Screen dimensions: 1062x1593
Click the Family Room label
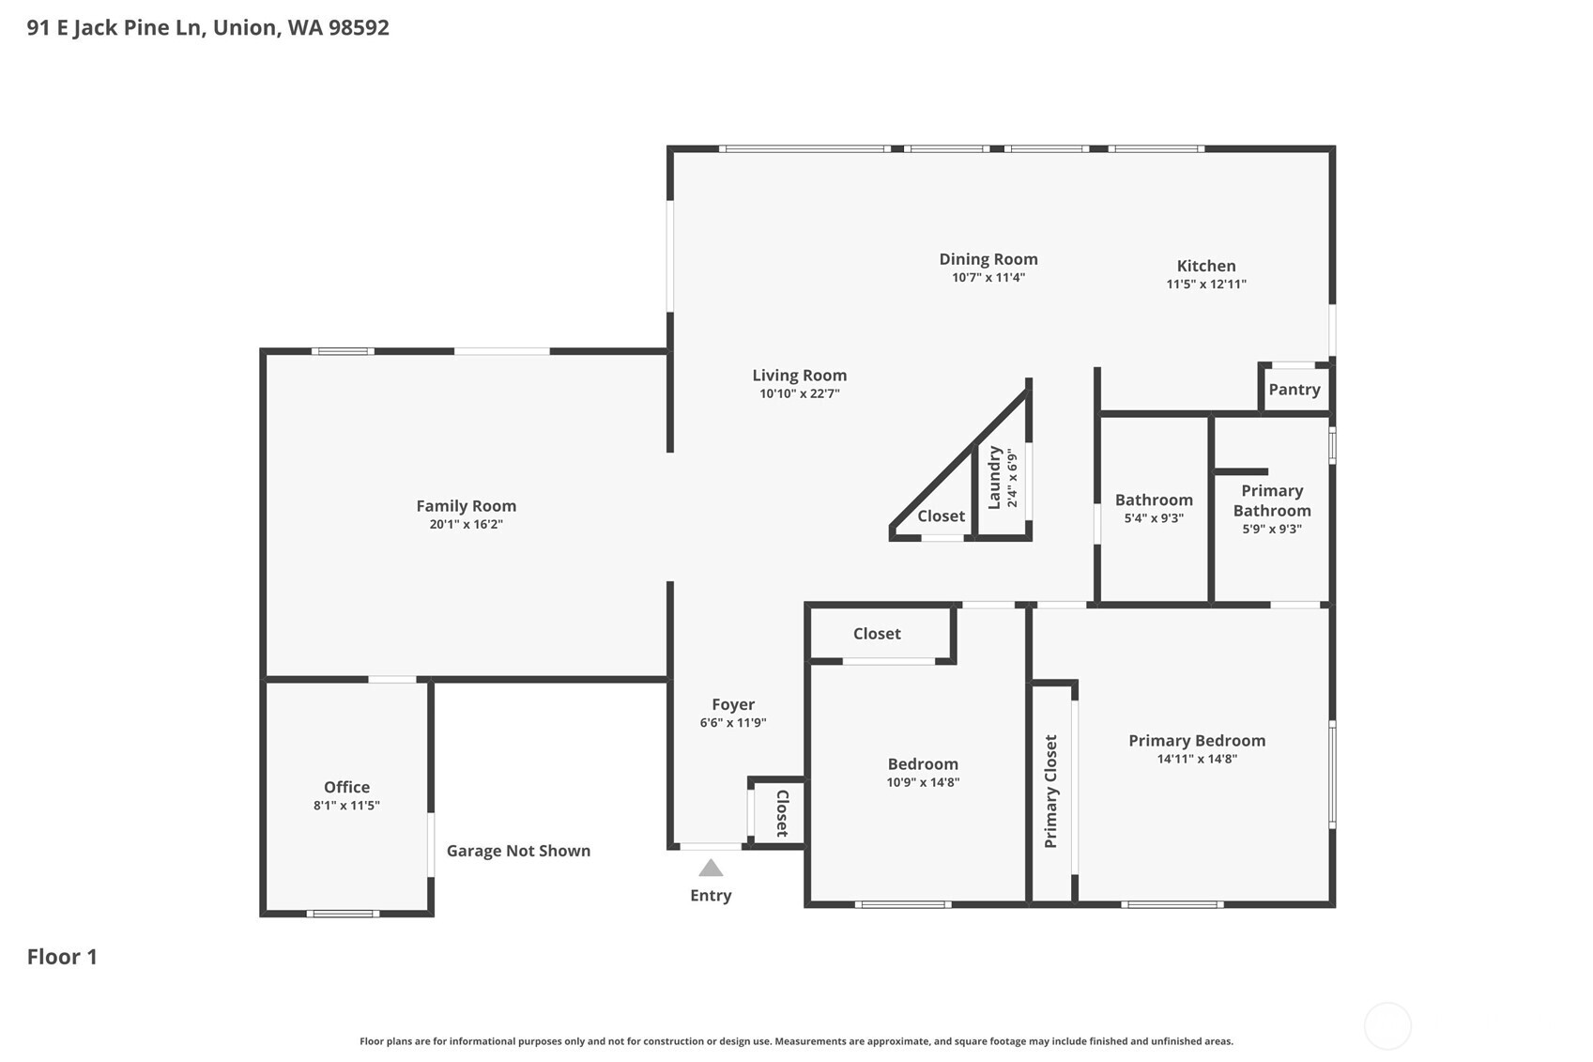tap(466, 505)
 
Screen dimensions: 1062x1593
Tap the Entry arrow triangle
tap(711, 869)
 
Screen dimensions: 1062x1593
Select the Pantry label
tap(1294, 390)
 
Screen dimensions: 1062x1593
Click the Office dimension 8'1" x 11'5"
tap(346, 806)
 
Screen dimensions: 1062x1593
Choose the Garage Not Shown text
tap(518, 851)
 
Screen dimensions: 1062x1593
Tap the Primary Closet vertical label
tap(1050, 792)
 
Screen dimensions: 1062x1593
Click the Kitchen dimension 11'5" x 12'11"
tap(1205, 285)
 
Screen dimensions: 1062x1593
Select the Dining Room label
tap(988, 259)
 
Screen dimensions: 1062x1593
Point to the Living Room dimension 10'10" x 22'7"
tap(799, 394)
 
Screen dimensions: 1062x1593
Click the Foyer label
tap(732, 704)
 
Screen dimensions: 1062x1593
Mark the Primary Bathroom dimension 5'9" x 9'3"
tap(1271, 530)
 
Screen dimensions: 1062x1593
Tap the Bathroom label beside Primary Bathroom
tap(1153, 500)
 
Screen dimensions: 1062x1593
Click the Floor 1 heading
tap(62, 957)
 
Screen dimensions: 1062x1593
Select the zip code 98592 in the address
tap(359, 27)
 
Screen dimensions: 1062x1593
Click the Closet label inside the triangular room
tap(941, 516)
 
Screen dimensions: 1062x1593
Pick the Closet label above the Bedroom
tap(876, 634)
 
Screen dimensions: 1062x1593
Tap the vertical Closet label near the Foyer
tap(782, 813)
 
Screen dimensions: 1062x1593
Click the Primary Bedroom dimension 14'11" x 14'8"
tap(1196, 760)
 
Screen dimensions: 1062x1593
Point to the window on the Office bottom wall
tap(343, 913)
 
